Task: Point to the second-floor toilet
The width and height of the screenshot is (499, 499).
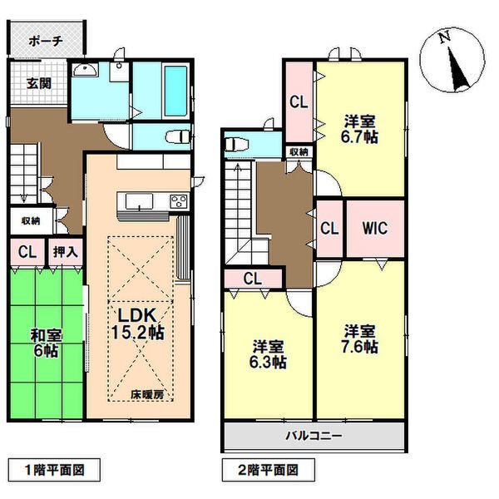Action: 235,145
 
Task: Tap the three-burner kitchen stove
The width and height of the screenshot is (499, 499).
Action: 179,202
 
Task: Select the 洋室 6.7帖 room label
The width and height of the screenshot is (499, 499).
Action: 362,128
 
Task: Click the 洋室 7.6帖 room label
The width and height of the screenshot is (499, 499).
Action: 362,338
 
